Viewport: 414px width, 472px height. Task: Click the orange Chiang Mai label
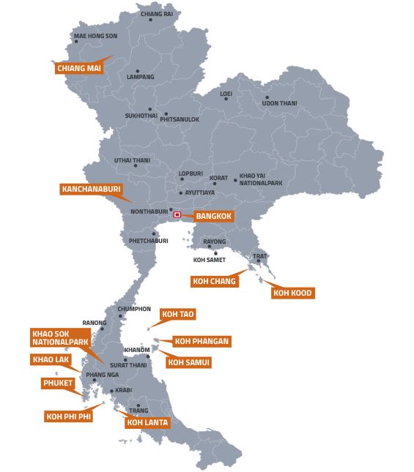click(78, 69)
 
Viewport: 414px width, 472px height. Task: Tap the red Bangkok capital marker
click(177, 214)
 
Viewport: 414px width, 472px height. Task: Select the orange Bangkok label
click(214, 217)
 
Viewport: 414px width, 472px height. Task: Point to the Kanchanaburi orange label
click(90, 189)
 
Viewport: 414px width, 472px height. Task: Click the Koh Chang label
click(214, 281)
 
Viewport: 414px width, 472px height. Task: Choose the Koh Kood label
click(292, 293)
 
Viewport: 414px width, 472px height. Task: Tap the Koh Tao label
click(178, 315)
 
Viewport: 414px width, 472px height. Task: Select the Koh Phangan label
click(202, 341)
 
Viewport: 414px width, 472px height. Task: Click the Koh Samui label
click(188, 362)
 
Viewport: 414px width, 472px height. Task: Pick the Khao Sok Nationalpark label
click(60, 337)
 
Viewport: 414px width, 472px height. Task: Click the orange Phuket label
click(59, 383)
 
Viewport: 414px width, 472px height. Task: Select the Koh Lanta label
click(147, 422)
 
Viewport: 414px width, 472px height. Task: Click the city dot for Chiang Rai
click(151, 20)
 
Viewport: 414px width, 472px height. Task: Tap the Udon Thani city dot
click(267, 97)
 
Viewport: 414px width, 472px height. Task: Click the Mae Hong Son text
click(95, 36)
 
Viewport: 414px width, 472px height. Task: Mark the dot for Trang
click(138, 405)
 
